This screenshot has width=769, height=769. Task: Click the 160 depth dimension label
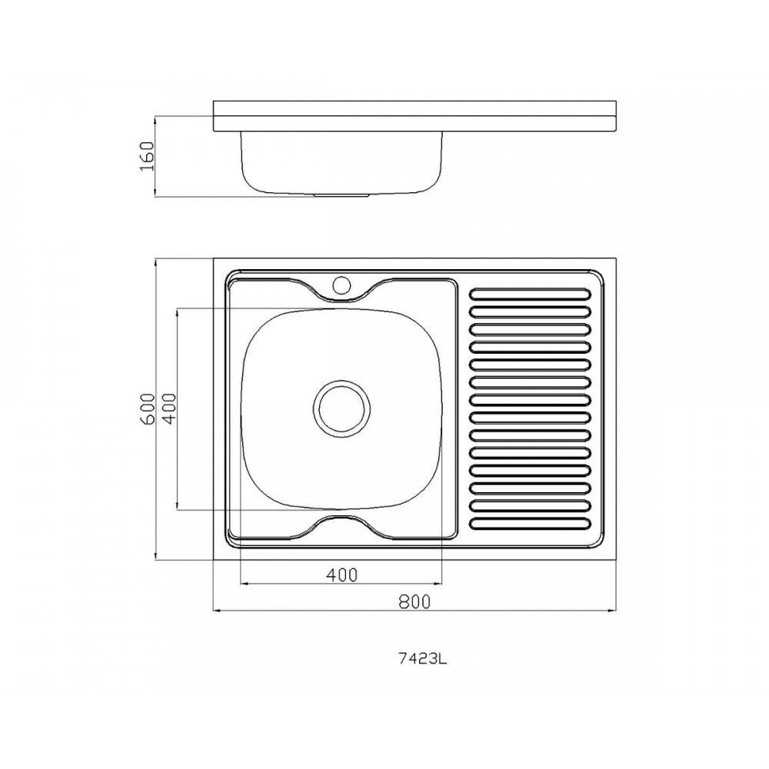click(147, 156)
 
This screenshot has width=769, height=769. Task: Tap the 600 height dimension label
click(147, 408)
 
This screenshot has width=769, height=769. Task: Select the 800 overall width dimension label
click(414, 601)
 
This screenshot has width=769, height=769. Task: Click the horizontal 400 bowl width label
click(342, 574)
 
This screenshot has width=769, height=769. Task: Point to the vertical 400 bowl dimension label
click(168, 408)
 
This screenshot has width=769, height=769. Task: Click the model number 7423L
click(423, 659)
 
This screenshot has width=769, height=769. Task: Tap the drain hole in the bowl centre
click(341, 408)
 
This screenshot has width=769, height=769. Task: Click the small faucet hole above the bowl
click(341, 285)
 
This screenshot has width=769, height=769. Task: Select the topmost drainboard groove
click(530, 294)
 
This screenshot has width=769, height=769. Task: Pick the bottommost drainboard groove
click(530, 524)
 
